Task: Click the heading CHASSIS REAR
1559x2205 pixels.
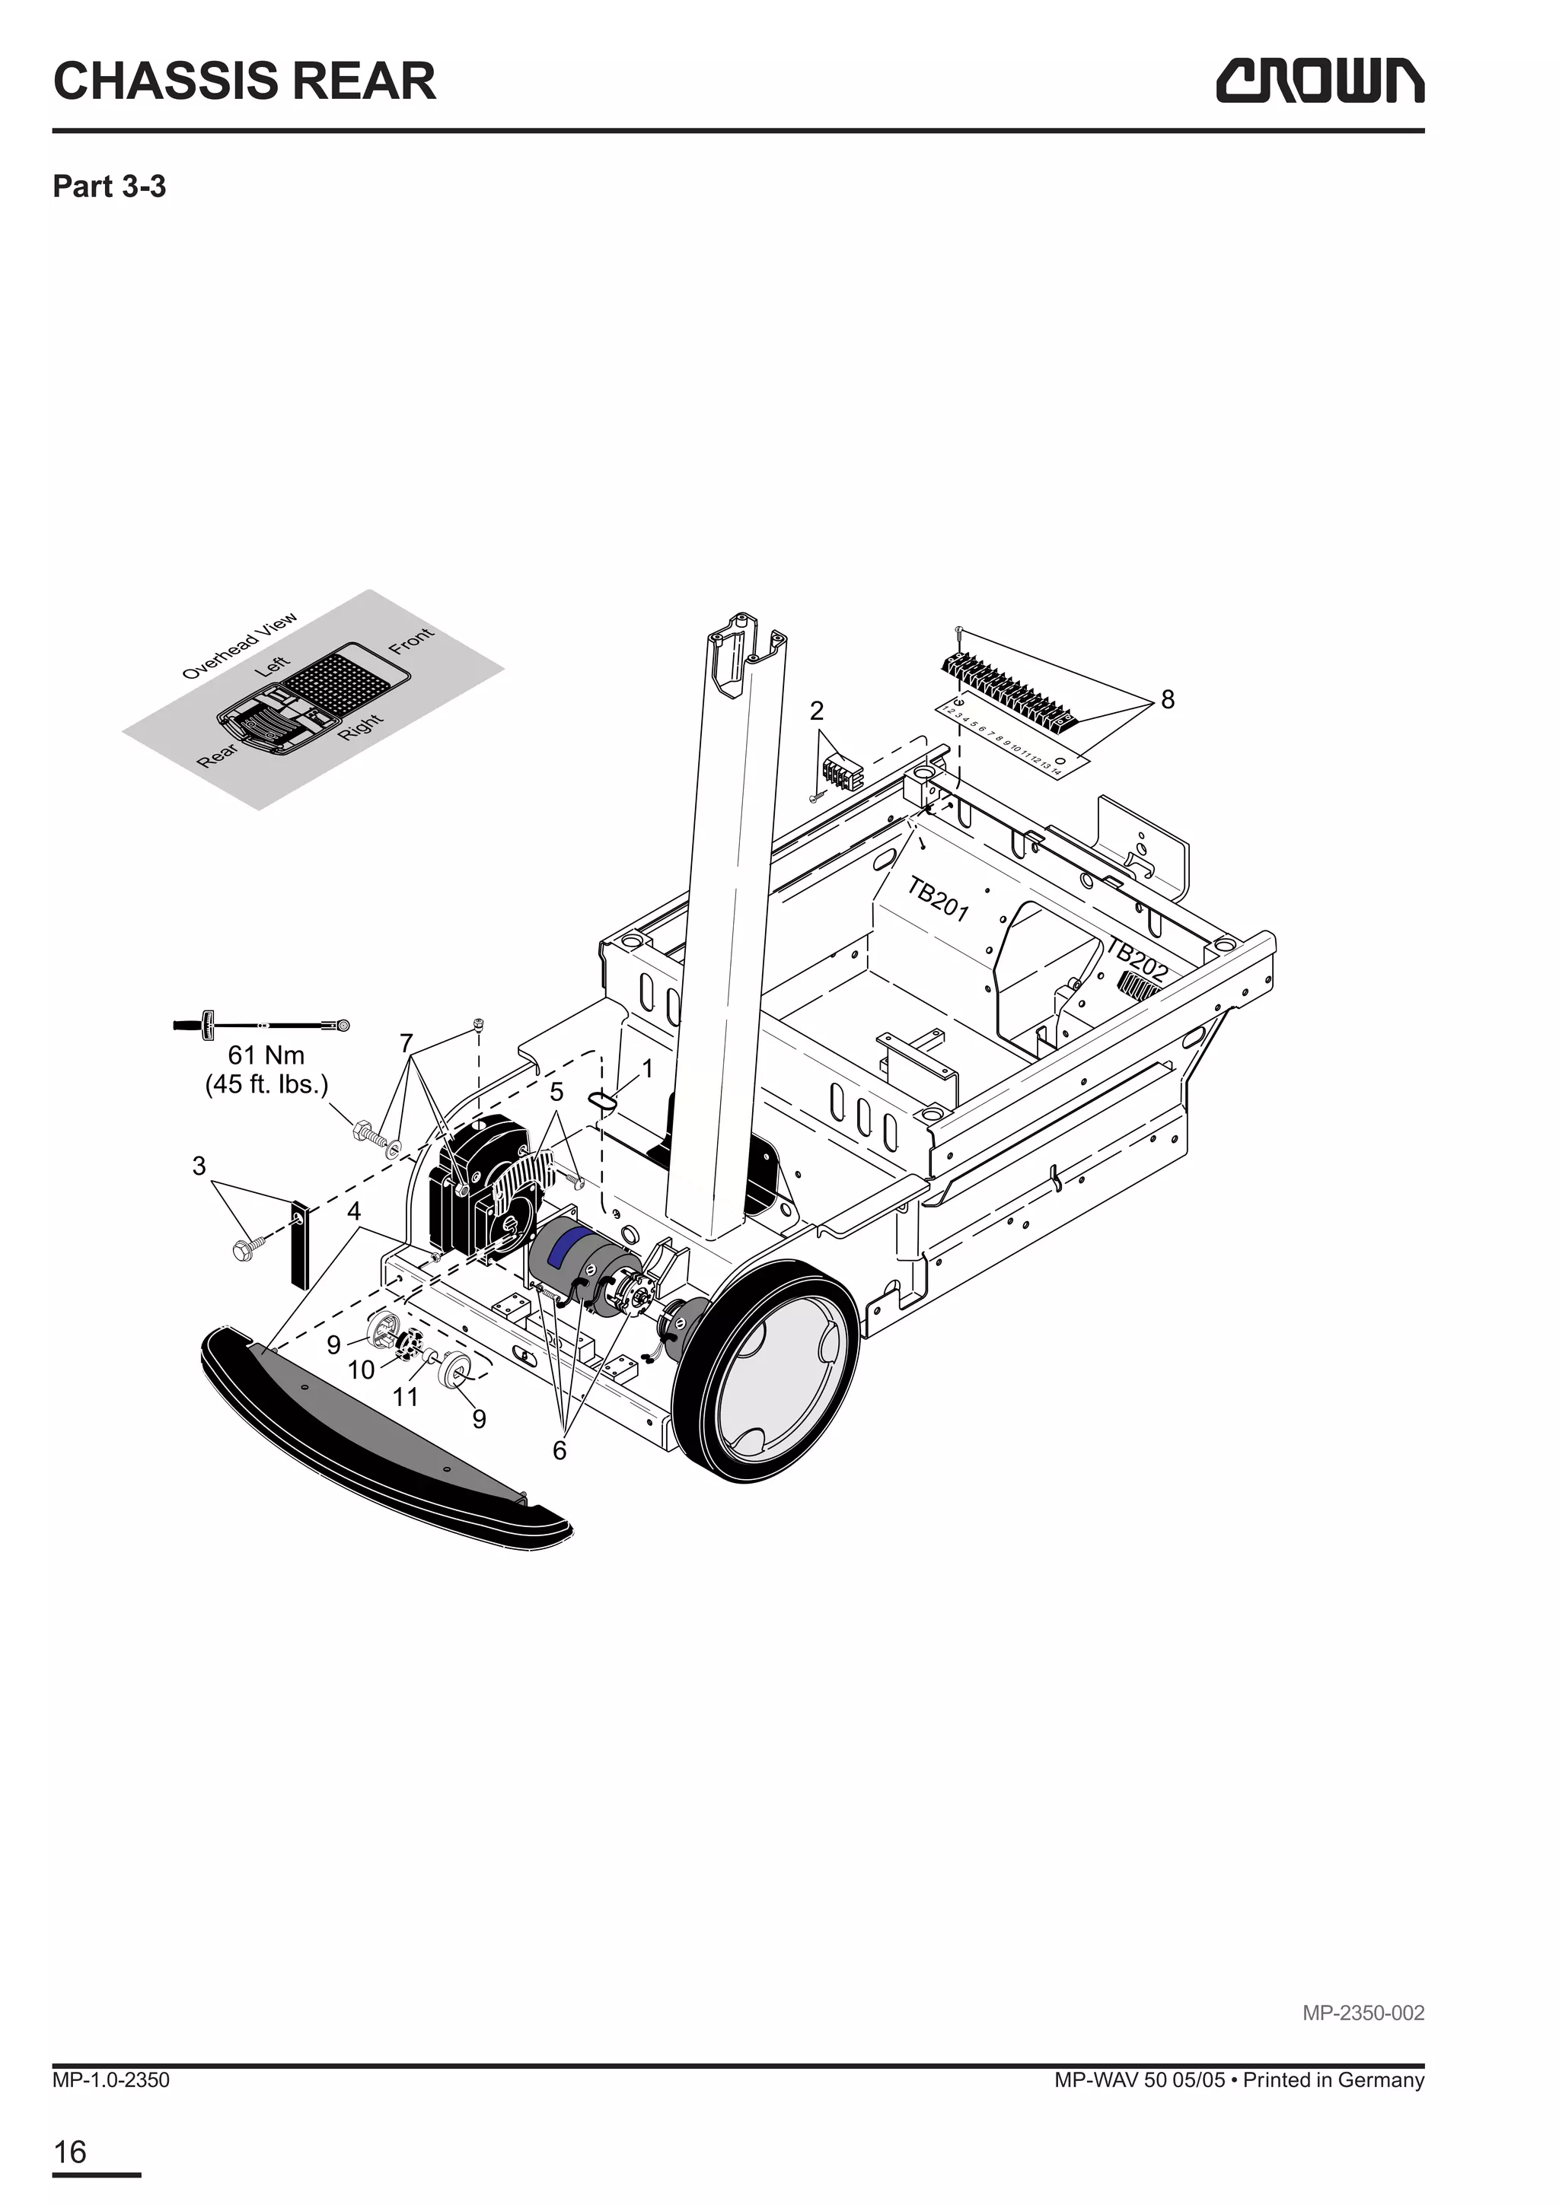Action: [244, 81]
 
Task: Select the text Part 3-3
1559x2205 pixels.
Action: [109, 186]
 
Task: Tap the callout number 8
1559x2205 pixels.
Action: [1167, 700]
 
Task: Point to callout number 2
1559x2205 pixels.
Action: [817, 711]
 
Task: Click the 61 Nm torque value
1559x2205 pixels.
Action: [266, 1055]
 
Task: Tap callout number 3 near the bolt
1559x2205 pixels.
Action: [199, 1166]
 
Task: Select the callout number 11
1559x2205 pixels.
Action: [406, 1396]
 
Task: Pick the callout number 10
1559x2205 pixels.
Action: [361, 1370]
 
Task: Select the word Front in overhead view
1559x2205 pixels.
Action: [411, 641]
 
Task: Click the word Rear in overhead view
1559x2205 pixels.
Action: [217, 756]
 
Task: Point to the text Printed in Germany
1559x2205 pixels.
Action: [1332, 2080]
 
